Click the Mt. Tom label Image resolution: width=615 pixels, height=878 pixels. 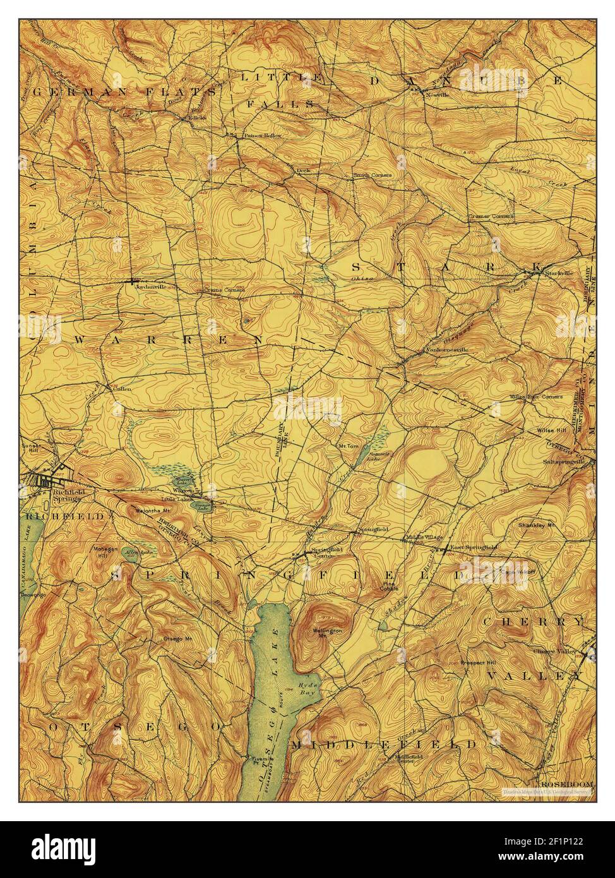click(x=348, y=446)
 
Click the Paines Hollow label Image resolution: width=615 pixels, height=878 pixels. click(x=263, y=135)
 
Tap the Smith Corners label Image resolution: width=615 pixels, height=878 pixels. click(x=372, y=175)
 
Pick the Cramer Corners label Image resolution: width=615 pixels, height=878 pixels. click(x=490, y=216)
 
